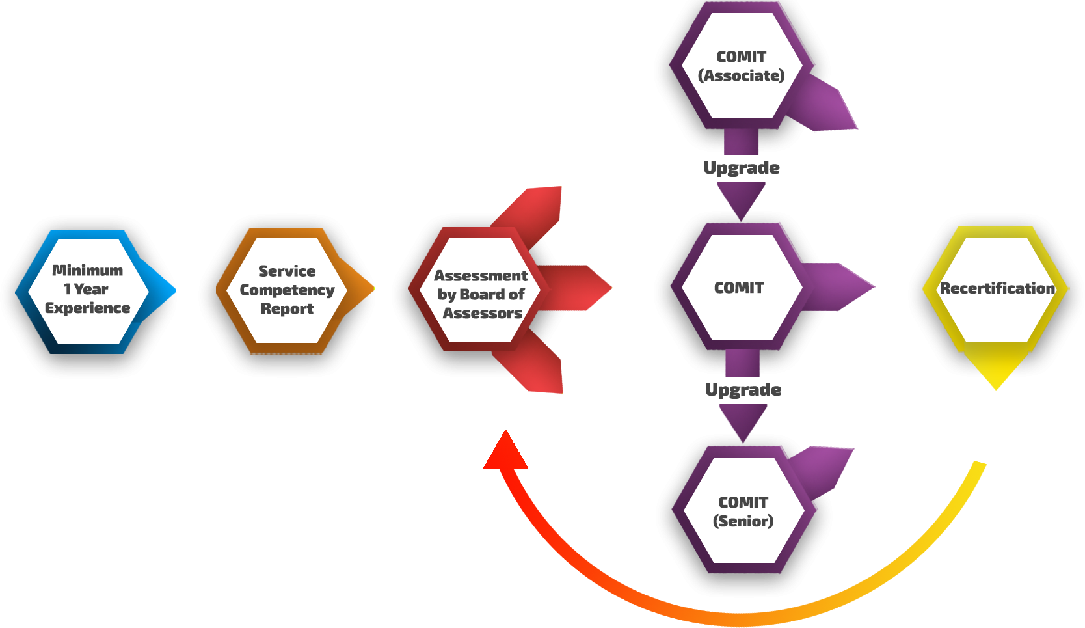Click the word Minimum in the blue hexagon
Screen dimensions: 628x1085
(x=87, y=270)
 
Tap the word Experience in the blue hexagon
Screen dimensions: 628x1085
(x=87, y=308)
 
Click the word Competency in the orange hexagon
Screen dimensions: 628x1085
(x=287, y=290)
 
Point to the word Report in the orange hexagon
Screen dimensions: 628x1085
(x=287, y=308)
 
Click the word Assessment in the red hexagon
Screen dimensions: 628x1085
(x=481, y=275)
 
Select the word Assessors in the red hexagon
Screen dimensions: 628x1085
(x=482, y=313)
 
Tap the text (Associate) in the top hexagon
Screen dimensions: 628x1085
(x=741, y=75)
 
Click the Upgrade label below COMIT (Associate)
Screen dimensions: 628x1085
(x=742, y=168)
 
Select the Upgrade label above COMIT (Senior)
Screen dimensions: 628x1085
(x=743, y=390)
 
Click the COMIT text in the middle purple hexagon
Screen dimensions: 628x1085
(x=739, y=288)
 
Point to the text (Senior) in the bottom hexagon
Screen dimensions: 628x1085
(x=743, y=521)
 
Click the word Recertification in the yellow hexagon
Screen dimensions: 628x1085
(x=997, y=288)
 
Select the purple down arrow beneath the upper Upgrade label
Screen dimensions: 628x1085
(x=741, y=198)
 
